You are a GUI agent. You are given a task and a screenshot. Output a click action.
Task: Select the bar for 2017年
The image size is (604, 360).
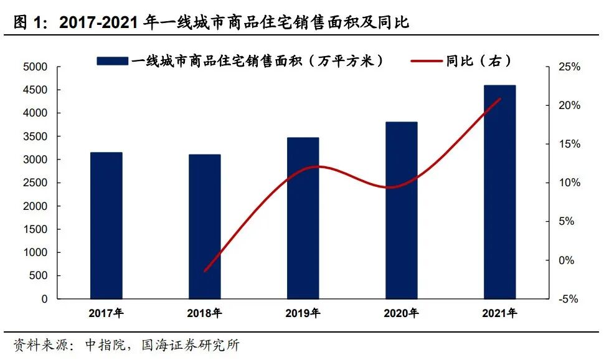point(106,225)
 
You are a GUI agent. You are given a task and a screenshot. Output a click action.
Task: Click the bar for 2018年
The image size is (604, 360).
point(205,227)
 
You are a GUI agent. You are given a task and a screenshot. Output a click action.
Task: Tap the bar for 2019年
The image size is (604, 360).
point(303,218)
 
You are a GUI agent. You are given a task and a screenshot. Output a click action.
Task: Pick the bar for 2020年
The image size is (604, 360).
point(402,211)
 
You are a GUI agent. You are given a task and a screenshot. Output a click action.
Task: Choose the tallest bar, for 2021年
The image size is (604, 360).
point(500,192)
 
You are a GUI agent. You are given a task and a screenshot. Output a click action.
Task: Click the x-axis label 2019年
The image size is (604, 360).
point(303,313)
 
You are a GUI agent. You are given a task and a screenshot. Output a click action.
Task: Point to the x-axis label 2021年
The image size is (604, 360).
point(499,313)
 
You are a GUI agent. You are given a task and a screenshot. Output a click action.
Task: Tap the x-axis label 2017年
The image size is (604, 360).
point(106,313)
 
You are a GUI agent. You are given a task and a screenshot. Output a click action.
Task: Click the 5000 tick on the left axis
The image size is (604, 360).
point(35,67)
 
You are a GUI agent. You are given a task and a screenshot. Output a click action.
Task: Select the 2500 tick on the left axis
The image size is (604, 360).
point(35,183)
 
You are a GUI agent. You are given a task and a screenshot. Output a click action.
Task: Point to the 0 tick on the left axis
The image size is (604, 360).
point(44,299)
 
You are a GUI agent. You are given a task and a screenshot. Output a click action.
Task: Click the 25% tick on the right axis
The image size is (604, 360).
point(568,67)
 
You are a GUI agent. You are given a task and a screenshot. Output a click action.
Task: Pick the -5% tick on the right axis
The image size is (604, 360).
point(568,299)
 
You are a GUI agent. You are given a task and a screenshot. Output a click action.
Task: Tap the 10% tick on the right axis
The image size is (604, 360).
point(568,183)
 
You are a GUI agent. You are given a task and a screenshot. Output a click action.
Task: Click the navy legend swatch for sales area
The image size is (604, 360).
point(113,60)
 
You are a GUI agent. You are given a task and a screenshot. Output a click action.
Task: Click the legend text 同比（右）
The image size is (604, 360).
point(479,60)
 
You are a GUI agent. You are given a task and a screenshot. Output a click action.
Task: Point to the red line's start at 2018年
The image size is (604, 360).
point(205,271)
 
